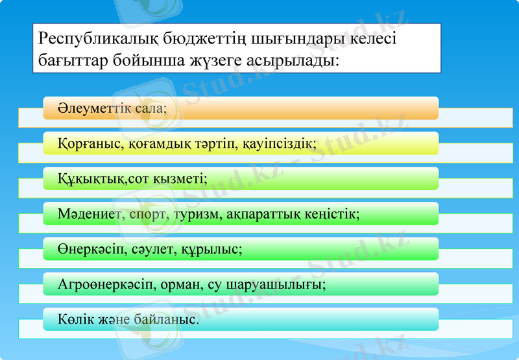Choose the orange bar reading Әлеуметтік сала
pyautogui.click(x=241, y=108)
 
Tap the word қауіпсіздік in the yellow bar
pyautogui.click(x=281, y=143)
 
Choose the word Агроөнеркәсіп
pyautogui.click(x=103, y=284)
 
